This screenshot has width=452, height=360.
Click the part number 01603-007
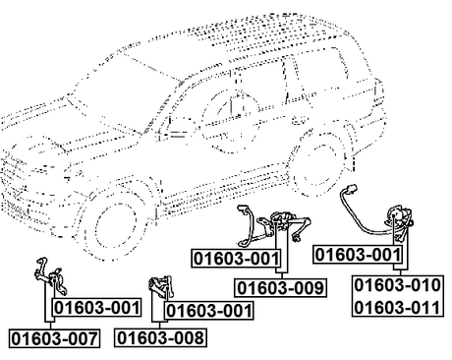tap(54, 338)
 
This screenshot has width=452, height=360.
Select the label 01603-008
tap(160, 337)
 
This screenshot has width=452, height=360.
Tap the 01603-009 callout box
tap(280, 288)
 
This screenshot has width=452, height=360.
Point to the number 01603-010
tap(397, 285)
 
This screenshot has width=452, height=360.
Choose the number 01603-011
tap(397, 308)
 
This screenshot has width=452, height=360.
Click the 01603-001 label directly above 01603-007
tap(97, 308)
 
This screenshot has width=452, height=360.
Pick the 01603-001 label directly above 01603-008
tap(209, 310)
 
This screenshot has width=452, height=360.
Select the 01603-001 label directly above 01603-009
tap(237, 258)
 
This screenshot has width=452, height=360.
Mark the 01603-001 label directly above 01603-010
tap(358, 255)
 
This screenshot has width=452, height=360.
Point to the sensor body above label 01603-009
tap(282, 220)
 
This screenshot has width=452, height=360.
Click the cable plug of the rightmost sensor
tap(351, 189)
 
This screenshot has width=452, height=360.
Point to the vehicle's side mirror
tap(177, 129)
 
